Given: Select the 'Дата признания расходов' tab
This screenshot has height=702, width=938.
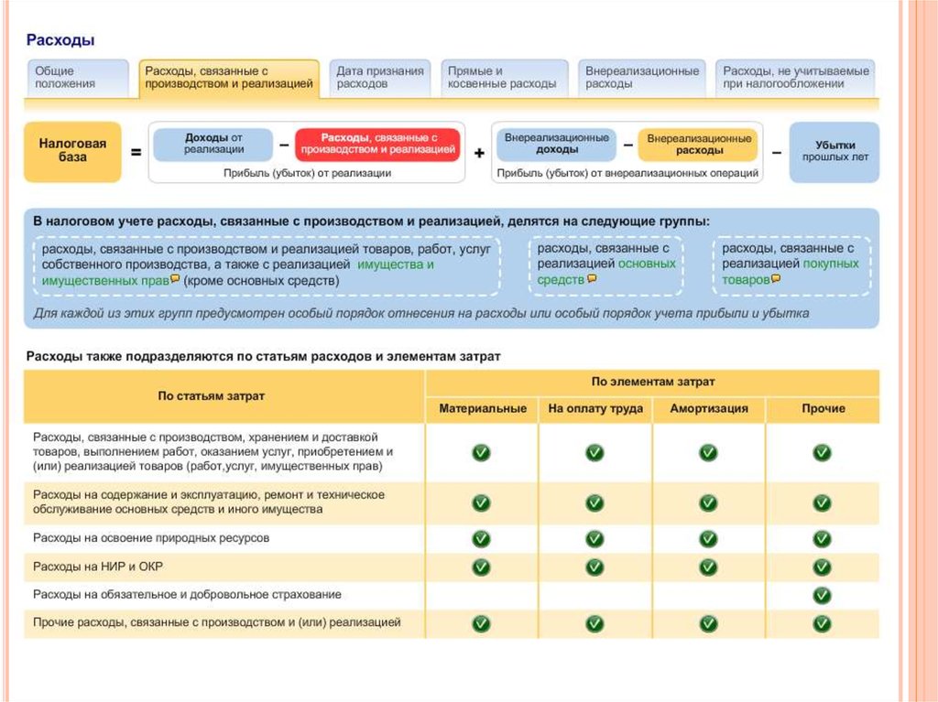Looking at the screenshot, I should click(379, 78).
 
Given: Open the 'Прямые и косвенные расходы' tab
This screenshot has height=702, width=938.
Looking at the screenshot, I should click(501, 78).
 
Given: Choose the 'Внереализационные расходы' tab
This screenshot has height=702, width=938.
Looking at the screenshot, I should click(641, 78).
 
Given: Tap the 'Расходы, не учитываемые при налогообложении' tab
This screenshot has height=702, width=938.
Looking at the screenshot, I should click(795, 78).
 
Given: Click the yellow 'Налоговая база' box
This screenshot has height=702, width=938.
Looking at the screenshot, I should click(72, 151).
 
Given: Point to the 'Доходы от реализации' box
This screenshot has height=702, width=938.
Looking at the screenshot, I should click(213, 144).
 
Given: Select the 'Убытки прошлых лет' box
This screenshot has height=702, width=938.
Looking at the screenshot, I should click(834, 151).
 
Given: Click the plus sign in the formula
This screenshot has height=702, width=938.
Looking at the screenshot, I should click(479, 154).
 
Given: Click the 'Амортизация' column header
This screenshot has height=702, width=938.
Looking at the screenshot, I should click(708, 409).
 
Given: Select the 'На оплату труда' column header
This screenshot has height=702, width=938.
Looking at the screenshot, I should click(595, 409).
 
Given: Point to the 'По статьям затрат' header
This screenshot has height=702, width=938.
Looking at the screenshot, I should click(212, 396).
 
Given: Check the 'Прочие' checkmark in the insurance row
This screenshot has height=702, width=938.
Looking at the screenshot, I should click(822, 596).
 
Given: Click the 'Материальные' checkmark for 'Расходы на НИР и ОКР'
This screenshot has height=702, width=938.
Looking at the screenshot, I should click(481, 567).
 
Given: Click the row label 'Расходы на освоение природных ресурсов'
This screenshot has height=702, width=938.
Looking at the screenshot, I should click(151, 539).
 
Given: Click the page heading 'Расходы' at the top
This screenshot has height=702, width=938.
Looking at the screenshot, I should click(60, 41).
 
